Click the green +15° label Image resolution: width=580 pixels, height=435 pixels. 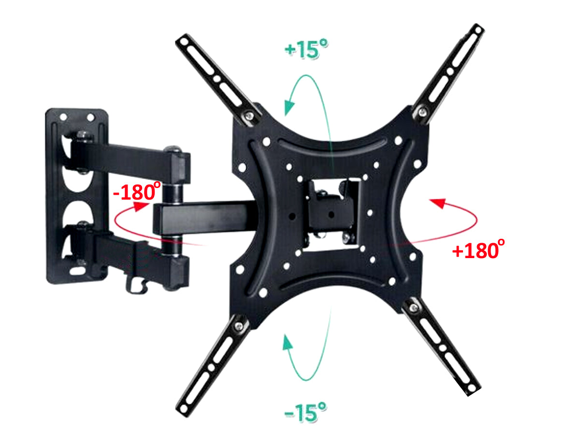click(306, 49)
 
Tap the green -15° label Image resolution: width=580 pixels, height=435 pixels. click(305, 412)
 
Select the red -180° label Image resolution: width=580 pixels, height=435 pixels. click(137, 191)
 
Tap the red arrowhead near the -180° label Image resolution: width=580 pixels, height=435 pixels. click(141, 206)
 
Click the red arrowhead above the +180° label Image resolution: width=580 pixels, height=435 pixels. click(438, 203)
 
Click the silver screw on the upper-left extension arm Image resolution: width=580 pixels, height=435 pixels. click(249, 116)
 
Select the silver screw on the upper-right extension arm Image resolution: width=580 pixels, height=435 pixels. click(422, 112)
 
